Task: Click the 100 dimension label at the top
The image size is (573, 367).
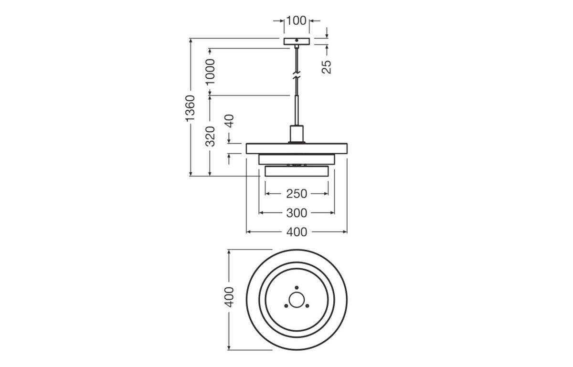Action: pos(296,21)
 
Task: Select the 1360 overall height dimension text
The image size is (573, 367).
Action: pos(191,108)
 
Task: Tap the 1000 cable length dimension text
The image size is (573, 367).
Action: pos(210,72)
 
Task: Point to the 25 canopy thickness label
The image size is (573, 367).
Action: pos(327,67)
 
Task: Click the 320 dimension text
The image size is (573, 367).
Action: pos(210,136)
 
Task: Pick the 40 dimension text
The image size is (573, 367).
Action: pos(229,121)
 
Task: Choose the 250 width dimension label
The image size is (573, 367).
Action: pos(297,194)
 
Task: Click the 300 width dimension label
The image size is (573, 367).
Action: pos(297,213)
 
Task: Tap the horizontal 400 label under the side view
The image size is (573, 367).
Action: pos(297,232)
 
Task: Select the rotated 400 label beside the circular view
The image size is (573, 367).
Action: pos(229,297)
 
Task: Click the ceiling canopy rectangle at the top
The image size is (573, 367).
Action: pos(297,42)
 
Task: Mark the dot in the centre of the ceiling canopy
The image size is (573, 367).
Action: pos(297,41)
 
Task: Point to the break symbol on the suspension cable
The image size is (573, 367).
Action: pos(297,75)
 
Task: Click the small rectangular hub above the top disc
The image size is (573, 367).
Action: pos(297,134)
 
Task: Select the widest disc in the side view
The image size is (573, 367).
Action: pos(297,148)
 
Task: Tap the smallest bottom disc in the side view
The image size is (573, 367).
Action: pos(297,171)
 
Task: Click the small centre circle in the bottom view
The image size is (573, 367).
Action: pos(297,300)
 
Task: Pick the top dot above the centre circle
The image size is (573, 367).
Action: pos(297,287)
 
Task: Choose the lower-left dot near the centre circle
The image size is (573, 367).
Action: pos(286,306)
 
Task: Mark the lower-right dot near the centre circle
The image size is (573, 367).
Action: pos(307,306)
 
